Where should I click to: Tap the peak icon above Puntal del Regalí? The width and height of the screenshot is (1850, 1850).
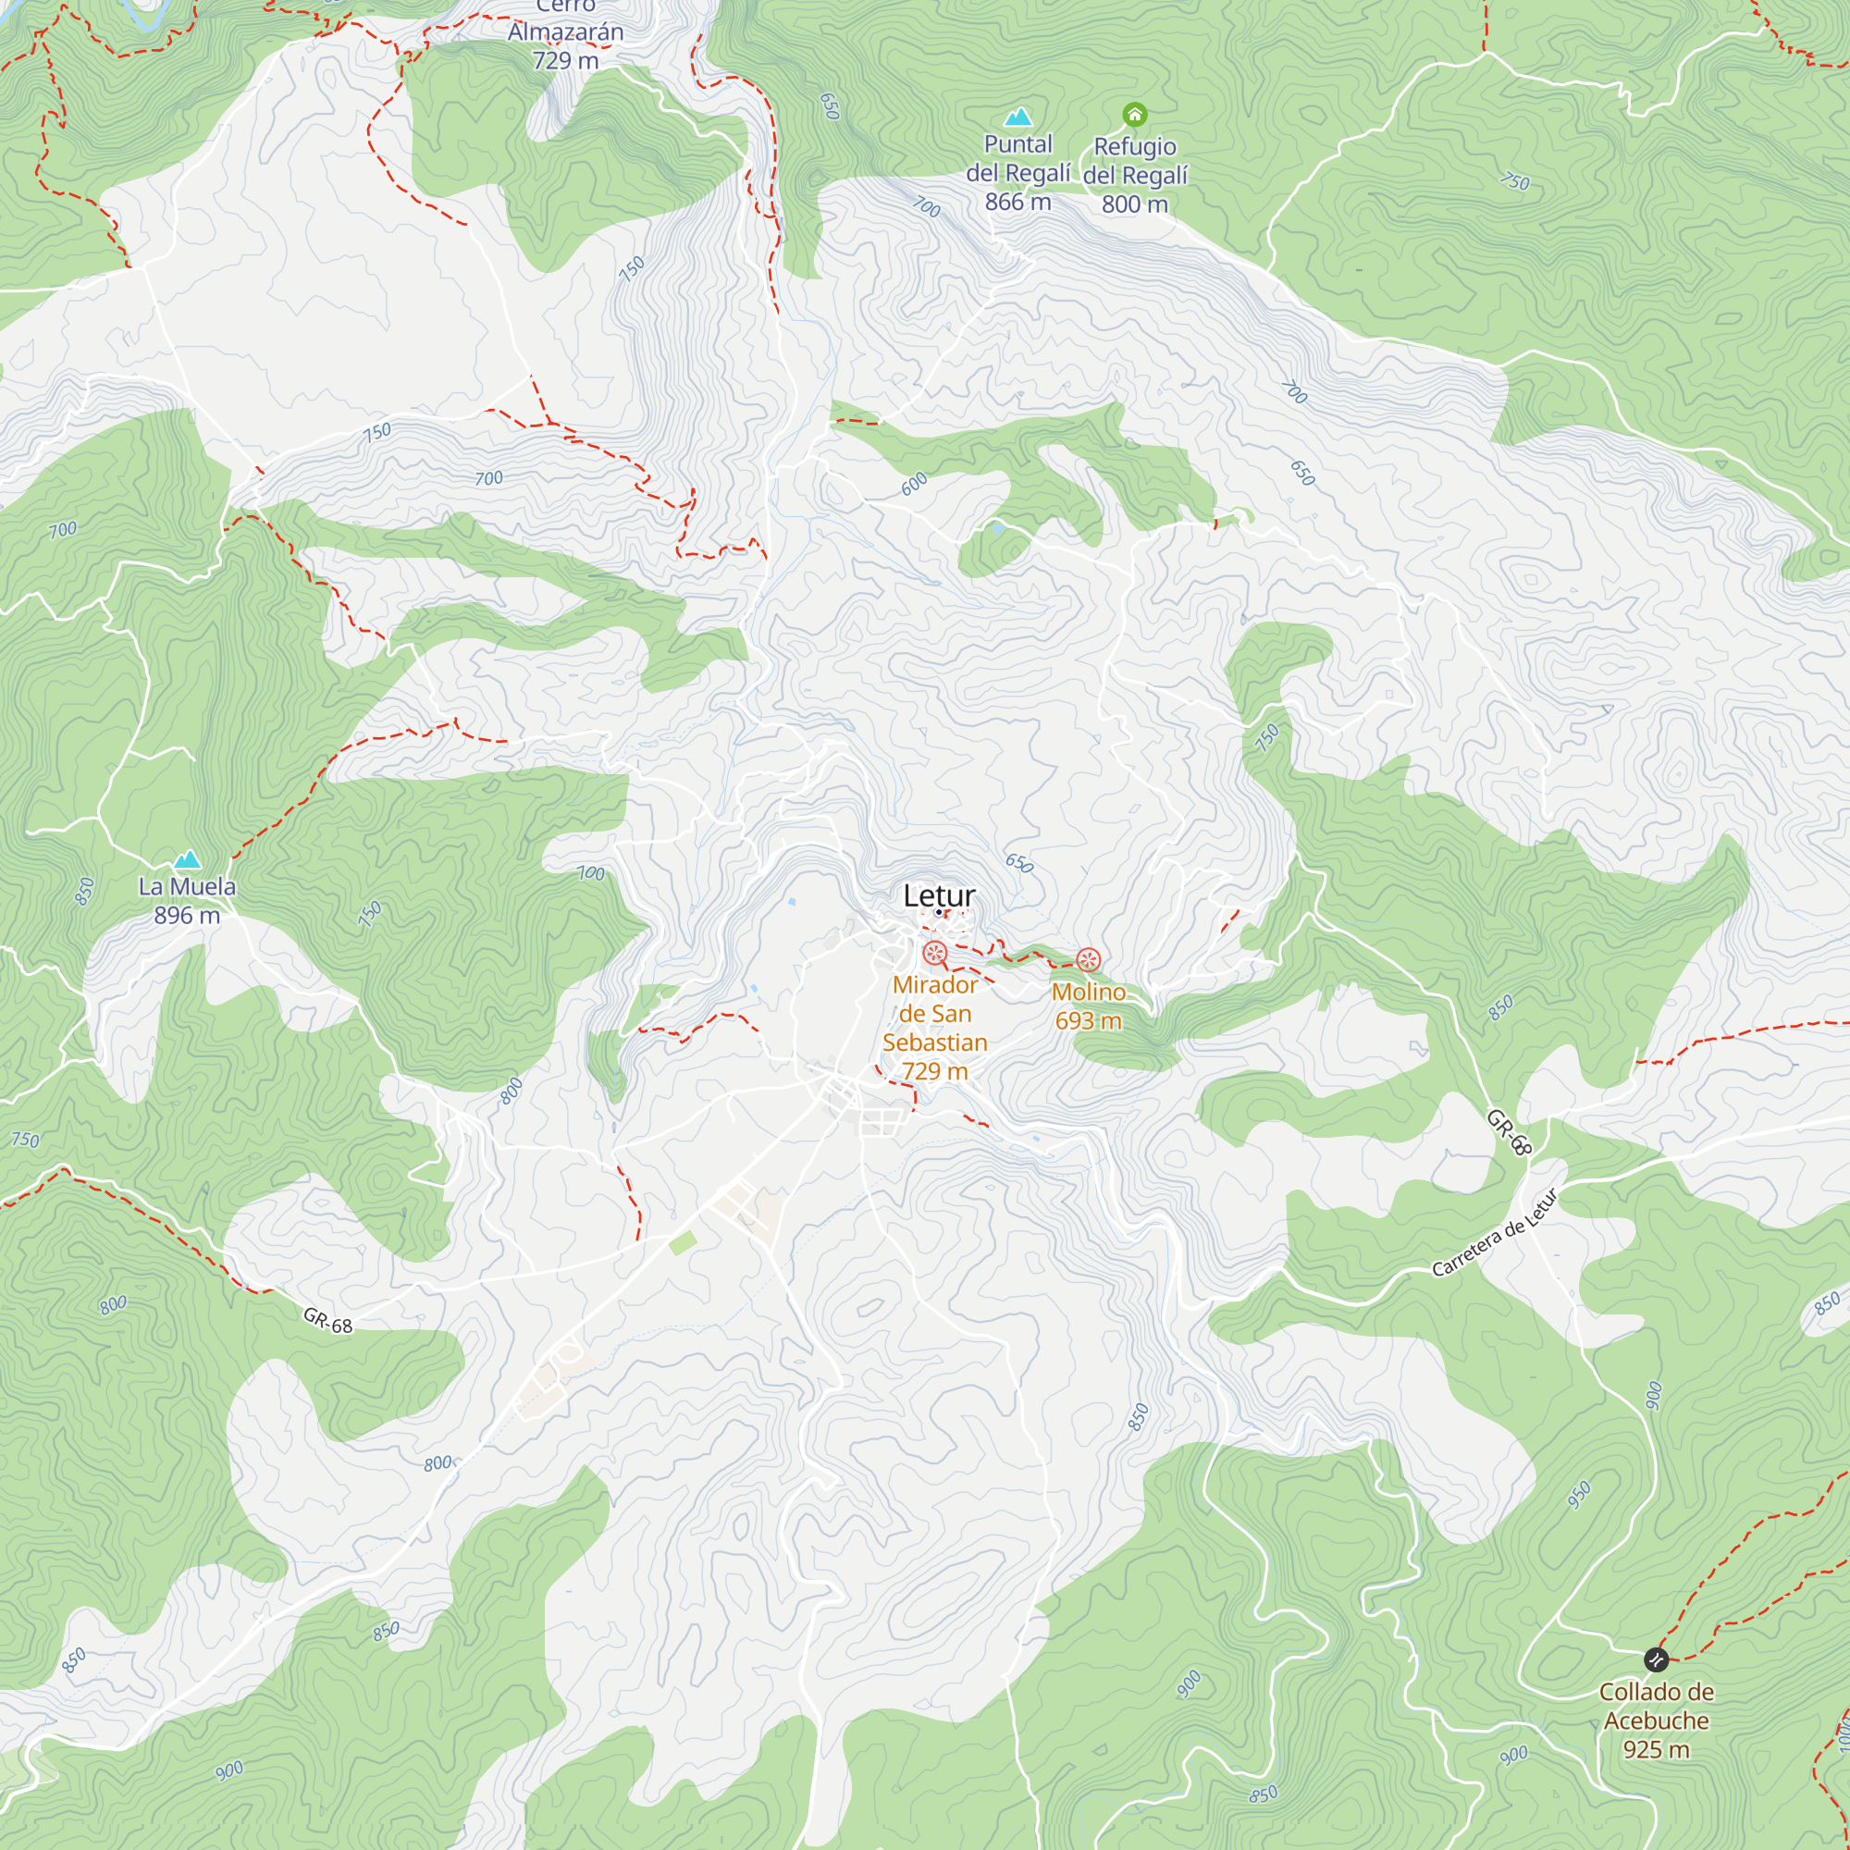1017,117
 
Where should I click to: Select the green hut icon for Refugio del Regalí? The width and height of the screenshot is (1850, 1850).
1135,115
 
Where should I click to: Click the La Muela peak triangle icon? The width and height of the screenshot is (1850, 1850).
188,859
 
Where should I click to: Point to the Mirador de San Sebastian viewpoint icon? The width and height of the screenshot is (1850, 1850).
934,953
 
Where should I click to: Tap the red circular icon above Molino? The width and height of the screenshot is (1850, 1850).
1088,959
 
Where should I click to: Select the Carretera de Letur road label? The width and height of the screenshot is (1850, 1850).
1495,1233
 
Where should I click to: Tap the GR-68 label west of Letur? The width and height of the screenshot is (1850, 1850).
327,1321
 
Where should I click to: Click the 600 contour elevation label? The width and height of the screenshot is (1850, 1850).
915,484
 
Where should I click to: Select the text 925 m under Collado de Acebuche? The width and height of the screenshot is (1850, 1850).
1656,1749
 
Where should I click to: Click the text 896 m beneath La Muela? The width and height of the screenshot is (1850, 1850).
187,916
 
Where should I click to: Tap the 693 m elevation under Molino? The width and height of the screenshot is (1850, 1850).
1088,1021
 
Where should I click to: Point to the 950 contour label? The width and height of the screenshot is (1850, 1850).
1579,1494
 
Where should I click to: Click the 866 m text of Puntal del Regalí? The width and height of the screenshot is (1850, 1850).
1017,202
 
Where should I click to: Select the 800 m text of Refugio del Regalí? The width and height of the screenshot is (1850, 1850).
1135,203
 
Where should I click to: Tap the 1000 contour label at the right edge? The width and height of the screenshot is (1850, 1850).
1843,1733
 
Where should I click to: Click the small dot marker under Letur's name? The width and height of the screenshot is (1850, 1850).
938,913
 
